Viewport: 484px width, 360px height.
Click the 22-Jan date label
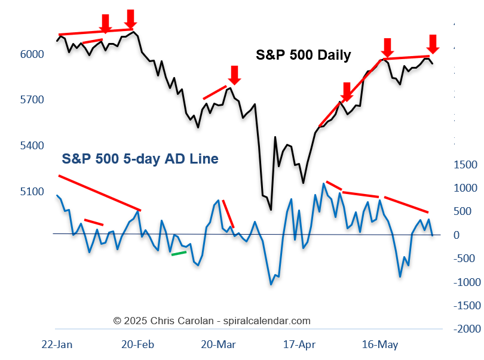[x=57, y=344]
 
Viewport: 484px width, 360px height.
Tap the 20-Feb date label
[x=138, y=344]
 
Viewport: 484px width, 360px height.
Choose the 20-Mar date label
[x=218, y=344]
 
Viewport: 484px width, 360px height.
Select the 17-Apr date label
[x=299, y=344]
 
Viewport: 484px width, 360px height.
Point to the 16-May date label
[x=380, y=344]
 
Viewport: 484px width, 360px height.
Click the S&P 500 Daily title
[x=304, y=56]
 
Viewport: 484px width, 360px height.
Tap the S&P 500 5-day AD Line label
[x=140, y=159]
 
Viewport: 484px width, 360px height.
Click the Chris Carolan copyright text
[x=212, y=321]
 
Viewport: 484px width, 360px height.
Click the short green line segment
[x=179, y=253]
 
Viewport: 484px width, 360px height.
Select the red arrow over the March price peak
[x=234, y=75]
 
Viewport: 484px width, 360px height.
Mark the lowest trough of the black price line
[x=271, y=210]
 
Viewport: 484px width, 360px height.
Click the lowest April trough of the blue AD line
[x=271, y=284]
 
